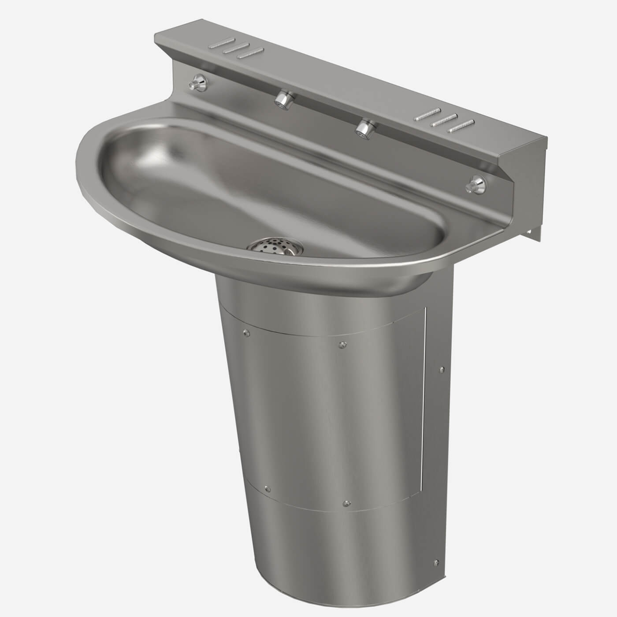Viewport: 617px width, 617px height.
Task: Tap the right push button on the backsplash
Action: pos(476,183)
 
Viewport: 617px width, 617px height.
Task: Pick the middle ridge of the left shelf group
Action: pos(236,49)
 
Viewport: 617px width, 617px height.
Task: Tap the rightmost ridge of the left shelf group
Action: pos(250,54)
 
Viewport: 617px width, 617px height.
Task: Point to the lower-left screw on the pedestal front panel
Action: pos(268,487)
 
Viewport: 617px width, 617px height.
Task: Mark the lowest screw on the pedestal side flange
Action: pos(436,562)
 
